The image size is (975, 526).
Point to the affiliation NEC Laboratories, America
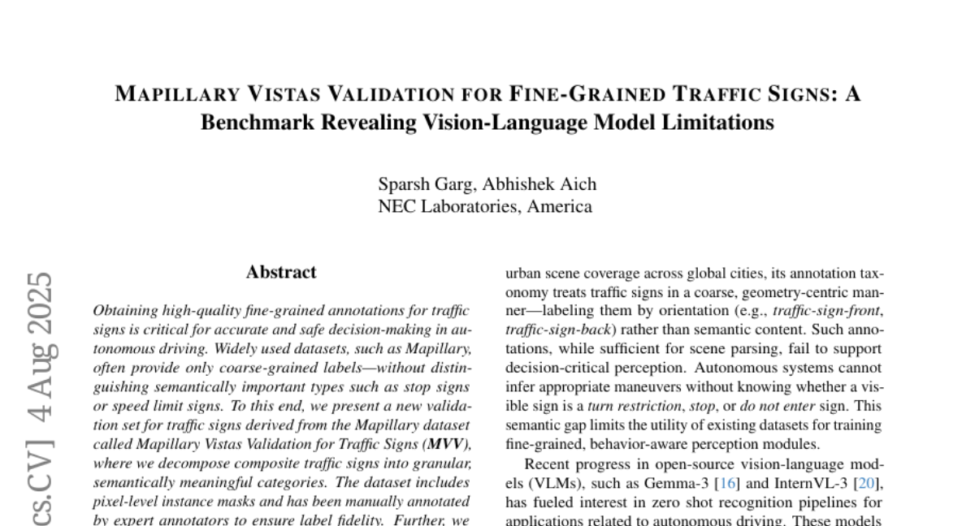point(486,206)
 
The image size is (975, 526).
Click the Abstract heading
point(281,273)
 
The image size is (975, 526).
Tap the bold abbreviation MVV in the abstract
point(452,445)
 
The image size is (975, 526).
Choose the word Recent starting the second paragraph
point(548,465)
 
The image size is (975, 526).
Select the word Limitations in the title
point(714,123)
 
